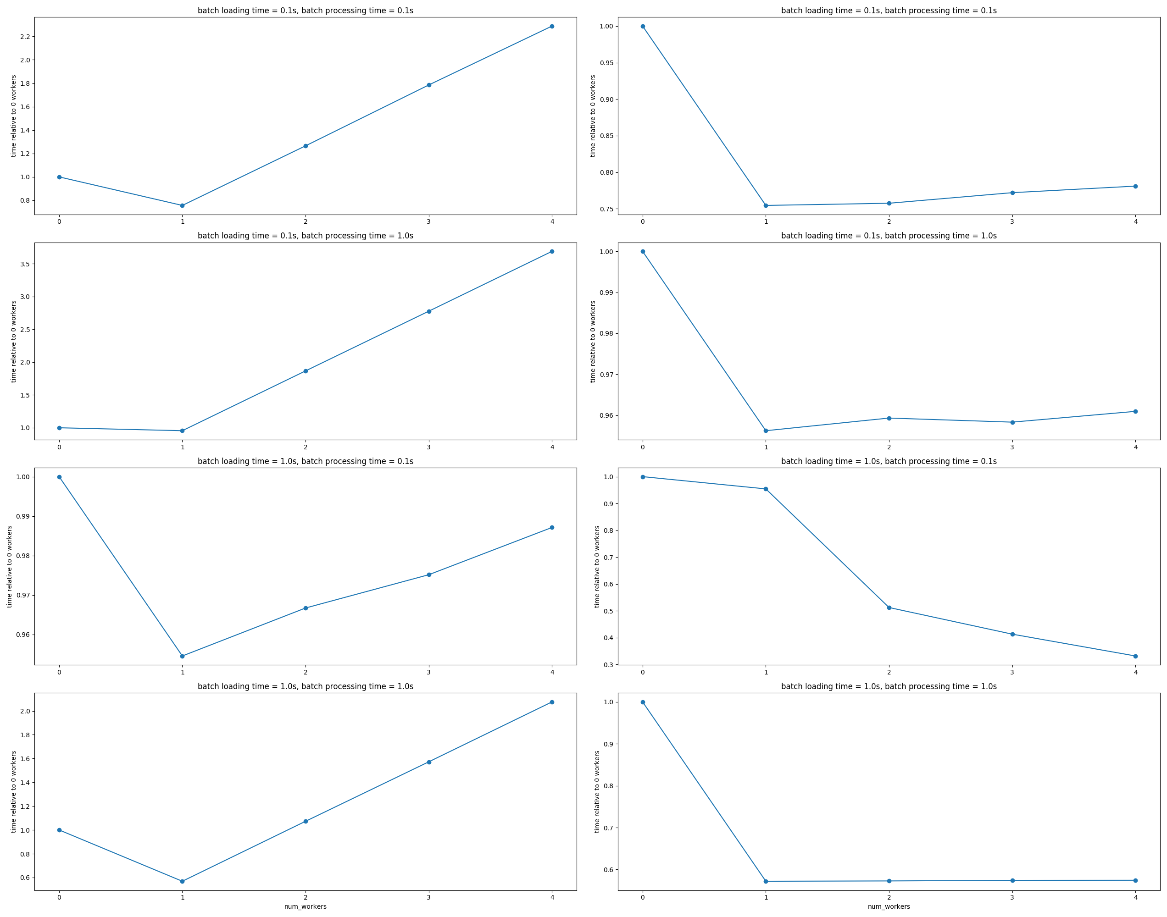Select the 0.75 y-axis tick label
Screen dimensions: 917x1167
[606, 210]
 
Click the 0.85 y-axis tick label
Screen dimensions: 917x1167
[606, 136]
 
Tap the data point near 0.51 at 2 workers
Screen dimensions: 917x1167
[889, 608]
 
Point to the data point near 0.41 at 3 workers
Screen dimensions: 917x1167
[1012, 635]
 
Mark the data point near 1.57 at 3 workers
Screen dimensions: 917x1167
[428, 762]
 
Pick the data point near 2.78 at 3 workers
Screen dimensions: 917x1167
[428, 311]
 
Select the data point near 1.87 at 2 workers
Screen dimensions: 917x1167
[306, 371]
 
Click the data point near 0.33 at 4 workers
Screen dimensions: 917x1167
[1135, 656]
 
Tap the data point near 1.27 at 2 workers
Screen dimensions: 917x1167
[306, 146]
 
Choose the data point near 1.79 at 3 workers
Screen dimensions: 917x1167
[428, 85]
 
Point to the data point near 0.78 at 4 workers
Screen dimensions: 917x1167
[1135, 186]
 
